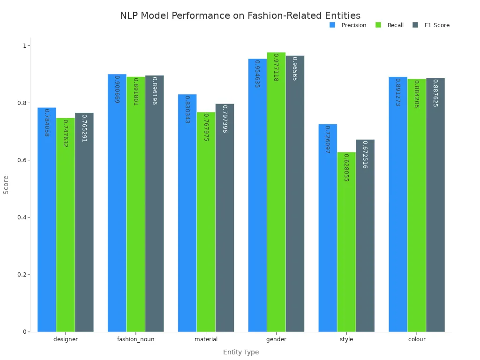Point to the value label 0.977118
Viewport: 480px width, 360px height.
pos(276,67)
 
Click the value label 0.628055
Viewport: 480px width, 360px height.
pos(346,167)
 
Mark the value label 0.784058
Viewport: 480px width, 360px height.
pos(46,123)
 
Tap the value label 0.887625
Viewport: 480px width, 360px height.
pos(435,93)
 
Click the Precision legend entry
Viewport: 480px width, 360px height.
pos(348,25)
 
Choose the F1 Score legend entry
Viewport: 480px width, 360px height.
pos(431,25)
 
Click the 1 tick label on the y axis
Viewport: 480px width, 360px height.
pos(25,46)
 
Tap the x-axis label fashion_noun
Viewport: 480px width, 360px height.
pos(135,339)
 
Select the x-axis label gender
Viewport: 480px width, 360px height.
pos(276,339)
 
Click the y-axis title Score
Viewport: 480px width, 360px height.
pos(6,185)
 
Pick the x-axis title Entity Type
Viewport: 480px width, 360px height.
pos(241,352)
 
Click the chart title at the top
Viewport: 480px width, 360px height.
pos(240,15)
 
